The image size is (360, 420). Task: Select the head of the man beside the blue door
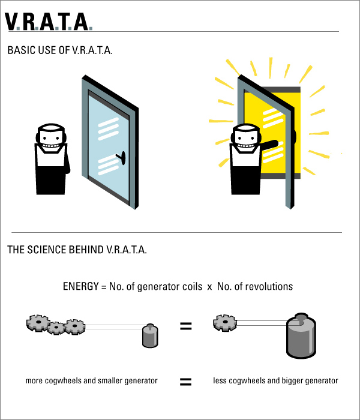[50, 137]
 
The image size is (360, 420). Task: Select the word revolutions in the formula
[269, 286]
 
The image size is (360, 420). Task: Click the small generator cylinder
[149, 335]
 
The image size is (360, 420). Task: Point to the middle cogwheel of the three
[56, 328]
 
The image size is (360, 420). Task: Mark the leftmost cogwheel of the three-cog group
[38, 323]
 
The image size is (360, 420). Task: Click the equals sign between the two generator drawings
[186, 326]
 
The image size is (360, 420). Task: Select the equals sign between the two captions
[186, 381]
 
